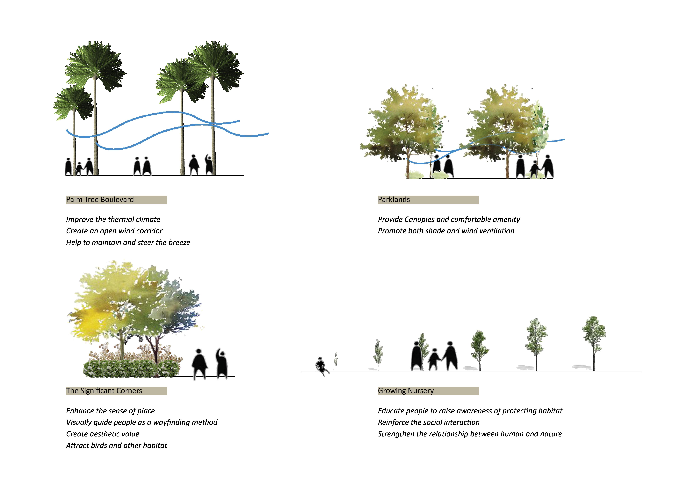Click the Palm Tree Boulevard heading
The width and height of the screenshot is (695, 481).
[100, 200]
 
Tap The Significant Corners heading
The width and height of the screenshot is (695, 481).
[104, 391]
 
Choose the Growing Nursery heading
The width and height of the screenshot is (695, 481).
[406, 391]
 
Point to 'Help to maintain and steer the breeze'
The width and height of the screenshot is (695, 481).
[128, 243]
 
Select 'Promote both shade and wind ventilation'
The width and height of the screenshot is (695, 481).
[446, 231]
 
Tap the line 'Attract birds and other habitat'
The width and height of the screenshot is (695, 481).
[116, 445]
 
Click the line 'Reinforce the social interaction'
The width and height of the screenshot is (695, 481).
[428, 422]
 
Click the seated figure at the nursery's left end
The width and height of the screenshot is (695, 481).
[320, 365]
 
